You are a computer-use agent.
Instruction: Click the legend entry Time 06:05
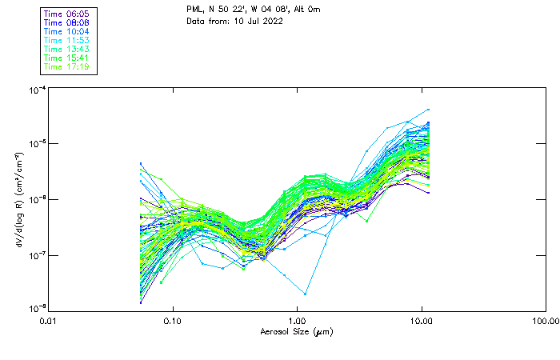pyautogui.click(x=67, y=14)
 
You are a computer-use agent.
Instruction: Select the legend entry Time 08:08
pyautogui.click(x=67, y=22)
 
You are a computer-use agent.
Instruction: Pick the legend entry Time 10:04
pyautogui.click(x=67, y=31)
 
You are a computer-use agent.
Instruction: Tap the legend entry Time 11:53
pyautogui.click(x=67, y=40)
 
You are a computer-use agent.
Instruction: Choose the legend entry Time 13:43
pyautogui.click(x=67, y=49)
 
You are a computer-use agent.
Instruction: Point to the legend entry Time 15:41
pyautogui.click(x=67, y=58)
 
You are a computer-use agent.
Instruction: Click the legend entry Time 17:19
pyautogui.click(x=67, y=66)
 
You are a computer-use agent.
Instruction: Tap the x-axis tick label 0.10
pyautogui.click(x=173, y=321)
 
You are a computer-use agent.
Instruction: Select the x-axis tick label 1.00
pyautogui.click(x=297, y=321)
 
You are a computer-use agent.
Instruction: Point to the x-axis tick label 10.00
pyautogui.click(x=421, y=321)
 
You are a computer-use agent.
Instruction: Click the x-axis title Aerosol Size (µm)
pyautogui.click(x=297, y=331)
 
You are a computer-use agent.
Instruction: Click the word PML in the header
pyautogui.click(x=194, y=9)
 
